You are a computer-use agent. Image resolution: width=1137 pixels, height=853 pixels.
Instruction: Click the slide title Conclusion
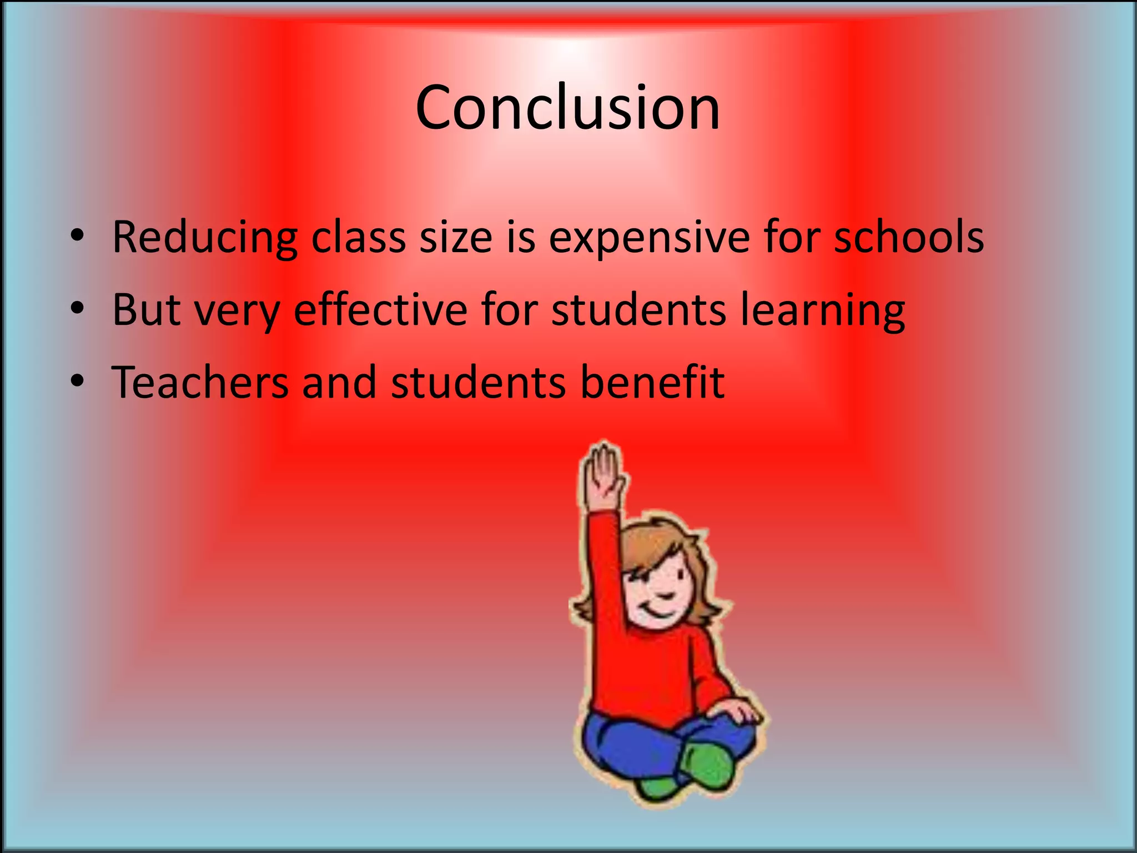[567, 108]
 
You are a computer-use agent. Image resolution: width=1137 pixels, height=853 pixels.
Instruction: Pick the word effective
[380, 309]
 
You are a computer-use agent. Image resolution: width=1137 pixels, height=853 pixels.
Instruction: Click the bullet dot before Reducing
[77, 235]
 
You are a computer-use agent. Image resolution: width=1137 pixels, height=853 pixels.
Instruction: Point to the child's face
[661, 589]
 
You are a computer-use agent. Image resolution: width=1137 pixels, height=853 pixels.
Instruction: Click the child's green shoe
[705, 764]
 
